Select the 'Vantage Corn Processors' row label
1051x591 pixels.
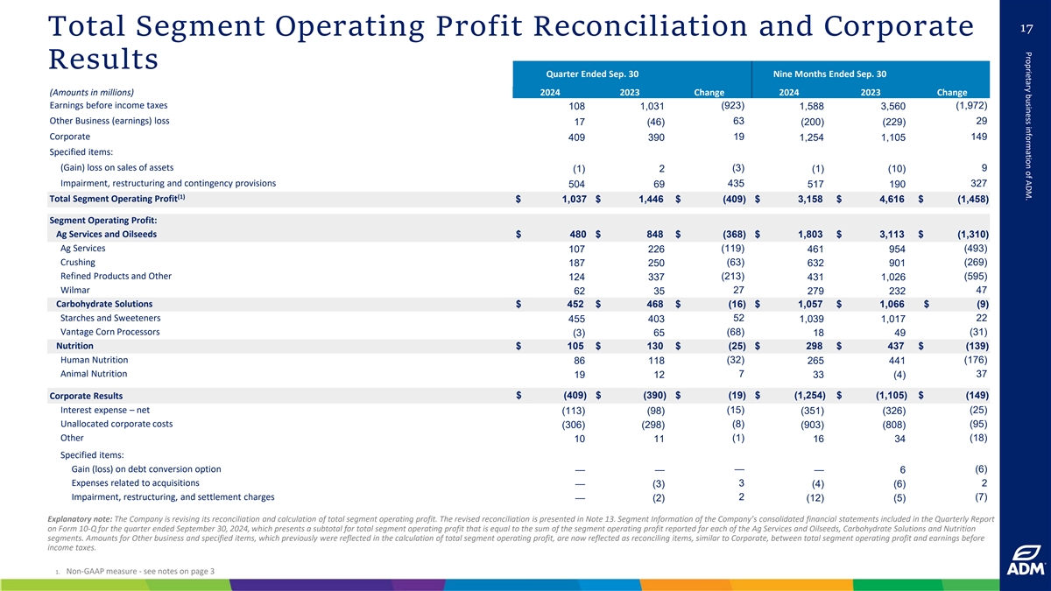[x=109, y=332]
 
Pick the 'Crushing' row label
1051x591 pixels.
[x=78, y=263]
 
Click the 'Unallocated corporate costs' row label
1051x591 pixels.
[x=116, y=424]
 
